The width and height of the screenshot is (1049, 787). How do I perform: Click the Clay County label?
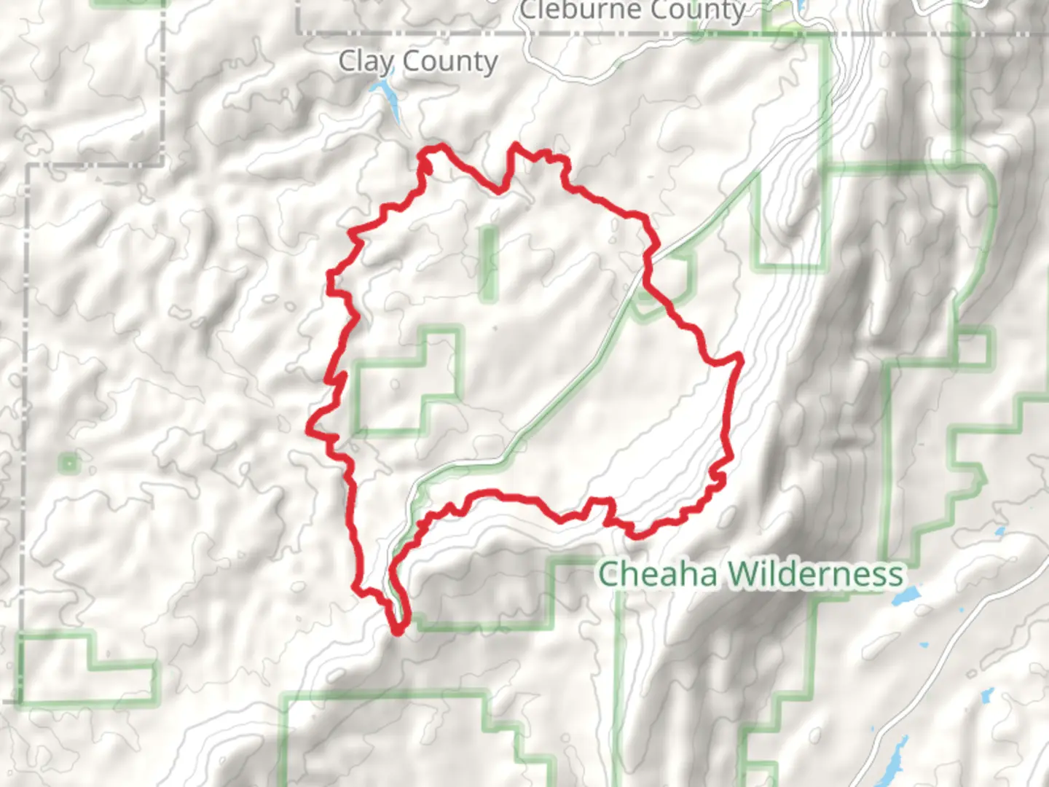coord(418,62)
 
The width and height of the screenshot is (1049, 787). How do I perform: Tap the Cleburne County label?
coord(632,10)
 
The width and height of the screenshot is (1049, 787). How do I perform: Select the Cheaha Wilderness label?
coord(750,575)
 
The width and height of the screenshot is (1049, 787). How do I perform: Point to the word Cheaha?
coord(659,575)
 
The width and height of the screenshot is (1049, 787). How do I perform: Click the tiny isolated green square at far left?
coord(68,462)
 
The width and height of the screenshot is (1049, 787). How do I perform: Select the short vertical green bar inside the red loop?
coord(488,263)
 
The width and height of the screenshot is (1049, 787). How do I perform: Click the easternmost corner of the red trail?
coord(740,356)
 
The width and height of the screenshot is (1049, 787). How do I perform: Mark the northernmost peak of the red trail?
coord(516,145)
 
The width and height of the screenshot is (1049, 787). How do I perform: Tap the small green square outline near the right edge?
coord(975,348)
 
